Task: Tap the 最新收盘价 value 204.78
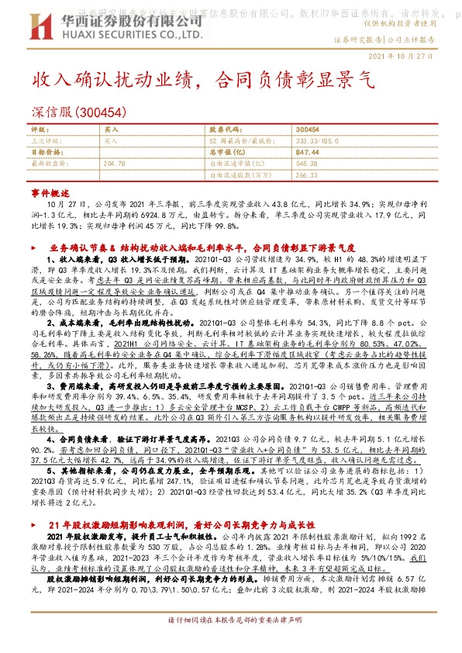[114, 164]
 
